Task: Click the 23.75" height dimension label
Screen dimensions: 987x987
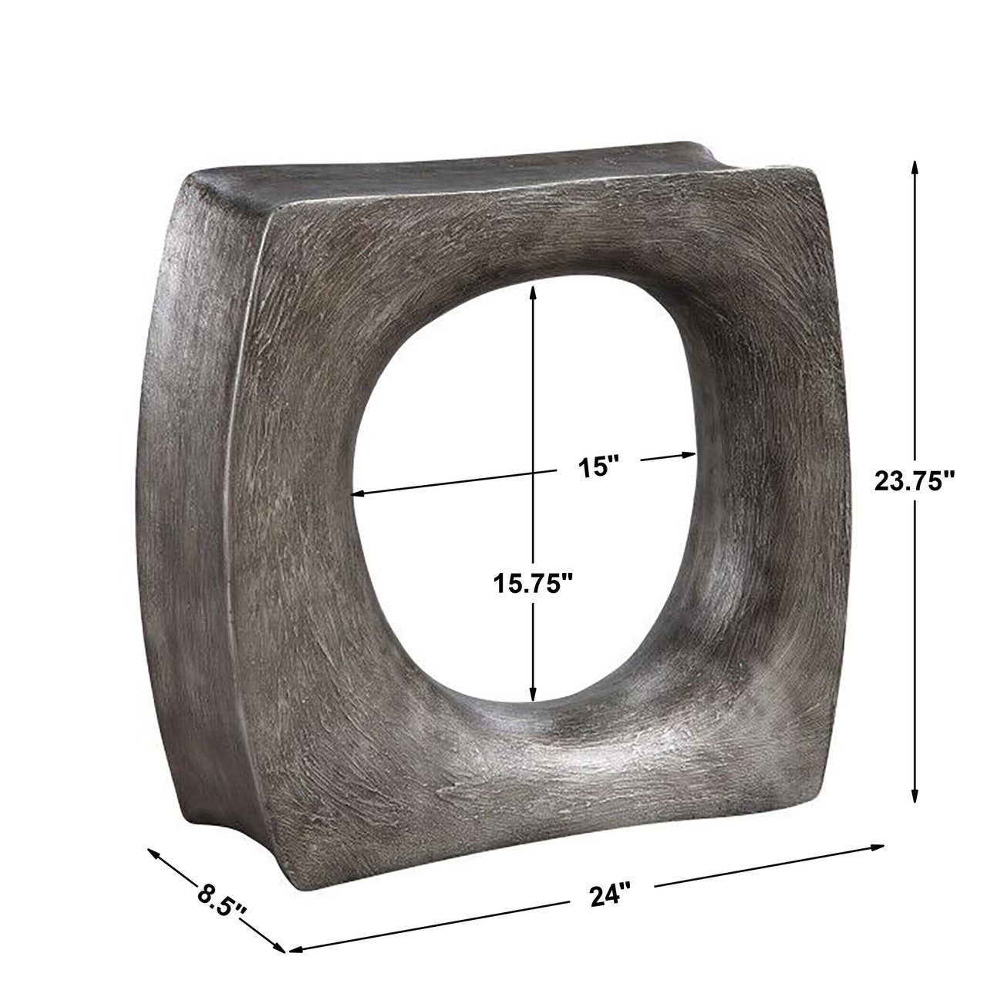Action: pyautogui.click(x=915, y=482)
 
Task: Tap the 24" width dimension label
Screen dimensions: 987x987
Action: pyautogui.click(x=610, y=895)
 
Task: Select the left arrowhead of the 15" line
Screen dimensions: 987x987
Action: pyautogui.click(x=355, y=493)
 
